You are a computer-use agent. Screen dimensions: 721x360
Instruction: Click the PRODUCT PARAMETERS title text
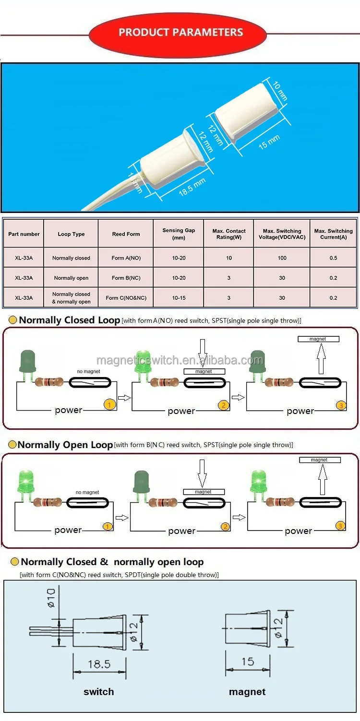click(180, 33)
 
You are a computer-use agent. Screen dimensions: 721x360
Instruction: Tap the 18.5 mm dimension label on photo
click(192, 187)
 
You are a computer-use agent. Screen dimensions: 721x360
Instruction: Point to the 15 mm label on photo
click(269, 142)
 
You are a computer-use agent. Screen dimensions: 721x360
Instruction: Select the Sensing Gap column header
click(179, 234)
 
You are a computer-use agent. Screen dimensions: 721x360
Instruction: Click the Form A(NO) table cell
click(126, 258)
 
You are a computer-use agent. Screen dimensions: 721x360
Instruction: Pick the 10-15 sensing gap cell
click(179, 298)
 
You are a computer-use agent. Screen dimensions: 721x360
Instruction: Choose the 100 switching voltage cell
click(282, 258)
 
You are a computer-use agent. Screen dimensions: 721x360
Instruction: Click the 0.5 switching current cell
click(333, 258)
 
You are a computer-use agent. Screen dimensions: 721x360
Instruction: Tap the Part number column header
click(24, 234)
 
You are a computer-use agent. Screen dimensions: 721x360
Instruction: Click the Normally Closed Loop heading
click(69, 320)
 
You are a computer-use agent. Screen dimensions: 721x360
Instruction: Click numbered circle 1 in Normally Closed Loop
click(109, 405)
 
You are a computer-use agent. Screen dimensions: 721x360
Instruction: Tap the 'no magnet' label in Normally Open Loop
click(87, 492)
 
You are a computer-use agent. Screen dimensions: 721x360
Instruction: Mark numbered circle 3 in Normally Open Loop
click(340, 526)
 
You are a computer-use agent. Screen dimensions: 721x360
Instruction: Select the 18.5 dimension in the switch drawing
click(99, 664)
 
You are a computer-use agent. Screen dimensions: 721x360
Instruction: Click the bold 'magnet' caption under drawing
click(247, 692)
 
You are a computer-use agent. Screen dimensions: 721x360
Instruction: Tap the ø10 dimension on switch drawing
click(51, 599)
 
